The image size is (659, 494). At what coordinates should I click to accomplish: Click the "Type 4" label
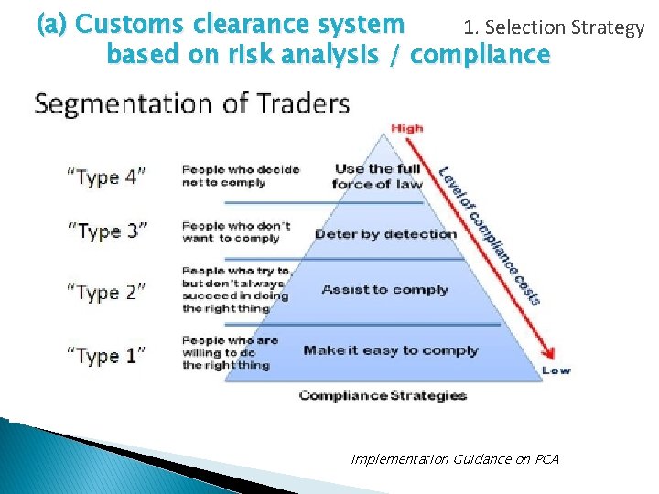[x=105, y=177]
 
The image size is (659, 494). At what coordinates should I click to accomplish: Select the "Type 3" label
[x=106, y=231]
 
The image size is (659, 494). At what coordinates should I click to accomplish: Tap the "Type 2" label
[x=106, y=292]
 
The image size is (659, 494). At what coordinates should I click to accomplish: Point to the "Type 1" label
[x=105, y=355]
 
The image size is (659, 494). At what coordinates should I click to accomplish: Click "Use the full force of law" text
[x=377, y=177]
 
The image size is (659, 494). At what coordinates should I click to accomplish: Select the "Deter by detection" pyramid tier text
[x=385, y=233]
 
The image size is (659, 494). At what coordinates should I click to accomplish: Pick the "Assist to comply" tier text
[x=384, y=290]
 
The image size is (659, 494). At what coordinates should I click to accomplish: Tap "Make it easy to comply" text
[x=391, y=350]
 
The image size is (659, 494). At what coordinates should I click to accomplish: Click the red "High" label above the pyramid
[x=407, y=128]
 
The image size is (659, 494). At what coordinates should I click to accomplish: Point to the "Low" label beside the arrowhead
[x=556, y=370]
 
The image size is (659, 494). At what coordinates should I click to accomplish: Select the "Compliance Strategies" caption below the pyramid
[x=383, y=395]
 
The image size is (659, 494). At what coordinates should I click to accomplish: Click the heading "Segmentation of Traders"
[x=191, y=102]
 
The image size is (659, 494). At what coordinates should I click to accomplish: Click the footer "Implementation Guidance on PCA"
[x=455, y=458]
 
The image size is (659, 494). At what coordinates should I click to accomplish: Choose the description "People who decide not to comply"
[x=240, y=176]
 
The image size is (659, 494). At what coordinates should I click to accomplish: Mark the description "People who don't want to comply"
[x=236, y=232]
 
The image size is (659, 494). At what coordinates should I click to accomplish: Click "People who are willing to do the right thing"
[x=230, y=353]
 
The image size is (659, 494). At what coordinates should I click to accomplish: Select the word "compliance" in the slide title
[x=481, y=55]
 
